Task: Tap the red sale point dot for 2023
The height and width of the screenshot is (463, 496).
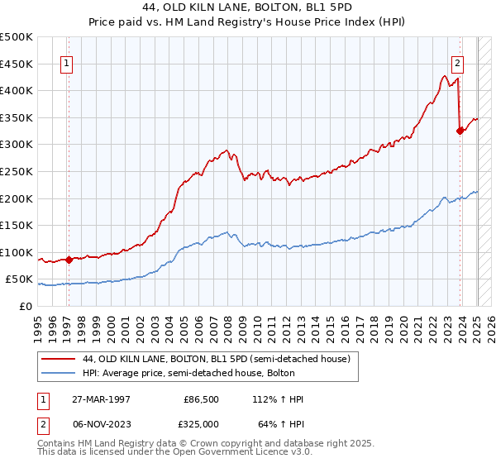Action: pyautogui.click(x=460, y=130)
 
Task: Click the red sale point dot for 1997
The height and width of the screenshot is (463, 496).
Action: pyautogui.click(x=69, y=259)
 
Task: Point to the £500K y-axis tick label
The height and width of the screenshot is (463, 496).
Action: pyautogui.click(x=17, y=37)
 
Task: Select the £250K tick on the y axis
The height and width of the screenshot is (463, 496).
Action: pyautogui.click(x=17, y=171)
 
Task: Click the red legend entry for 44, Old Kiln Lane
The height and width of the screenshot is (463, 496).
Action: pyautogui.click(x=217, y=359)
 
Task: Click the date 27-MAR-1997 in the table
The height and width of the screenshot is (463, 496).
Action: pyautogui.click(x=102, y=399)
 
